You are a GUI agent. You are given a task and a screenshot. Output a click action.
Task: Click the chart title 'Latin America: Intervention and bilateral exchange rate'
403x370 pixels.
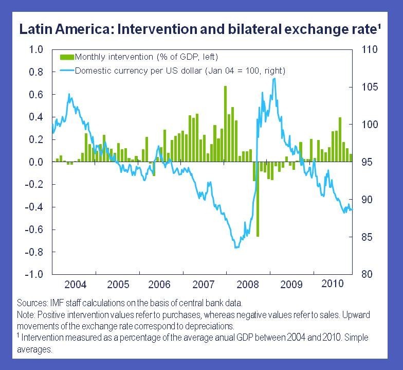point(195,29)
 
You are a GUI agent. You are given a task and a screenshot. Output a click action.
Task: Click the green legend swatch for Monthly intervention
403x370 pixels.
point(67,56)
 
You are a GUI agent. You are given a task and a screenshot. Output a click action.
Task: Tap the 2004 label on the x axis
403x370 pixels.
point(76,284)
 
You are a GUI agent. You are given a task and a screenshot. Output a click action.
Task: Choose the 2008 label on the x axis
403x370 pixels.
point(247,284)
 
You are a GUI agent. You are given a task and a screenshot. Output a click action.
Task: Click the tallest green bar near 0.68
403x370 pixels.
point(225,118)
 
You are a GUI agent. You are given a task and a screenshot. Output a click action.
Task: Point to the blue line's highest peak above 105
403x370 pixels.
point(274,78)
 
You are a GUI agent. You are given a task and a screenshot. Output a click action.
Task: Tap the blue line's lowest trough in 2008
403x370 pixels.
point(236,248)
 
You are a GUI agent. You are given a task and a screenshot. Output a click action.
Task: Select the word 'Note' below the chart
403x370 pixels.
point(26,314)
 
